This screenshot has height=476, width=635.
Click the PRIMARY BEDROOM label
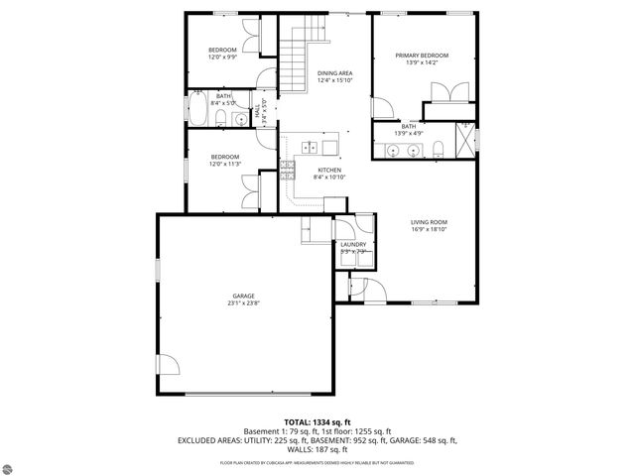point(422,56)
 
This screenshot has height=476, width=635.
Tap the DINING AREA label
point(334,73)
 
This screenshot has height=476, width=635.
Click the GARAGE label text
point(244,297)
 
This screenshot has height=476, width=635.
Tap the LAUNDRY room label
point(353,245)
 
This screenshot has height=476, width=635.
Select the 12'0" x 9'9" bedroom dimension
point(222,58)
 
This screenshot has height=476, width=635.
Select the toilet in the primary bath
point(438,150)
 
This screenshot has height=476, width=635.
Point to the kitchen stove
point(287,167)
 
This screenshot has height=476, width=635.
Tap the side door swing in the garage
point(171,366)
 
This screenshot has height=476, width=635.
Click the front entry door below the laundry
point(358,288)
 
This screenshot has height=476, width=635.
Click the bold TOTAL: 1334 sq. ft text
point(317,421)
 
